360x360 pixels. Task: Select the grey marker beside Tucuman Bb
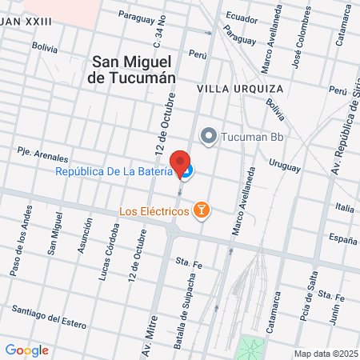210,135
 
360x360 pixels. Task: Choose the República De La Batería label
114,171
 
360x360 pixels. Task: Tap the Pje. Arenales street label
42,154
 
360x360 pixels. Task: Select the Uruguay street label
284,166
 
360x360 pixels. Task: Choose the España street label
343,238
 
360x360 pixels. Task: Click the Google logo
26,350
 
